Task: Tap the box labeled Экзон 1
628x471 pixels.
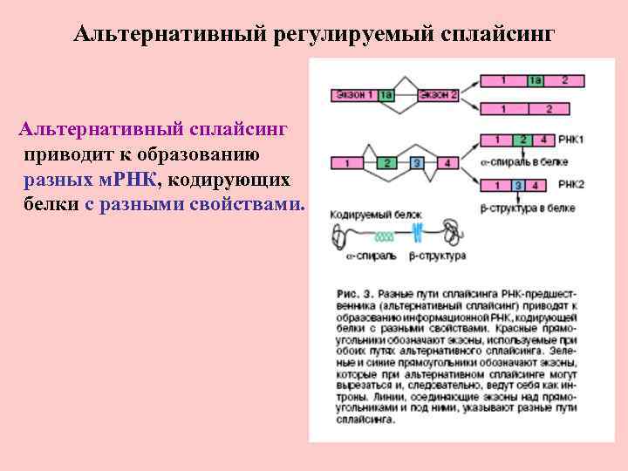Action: [x=354, y=94]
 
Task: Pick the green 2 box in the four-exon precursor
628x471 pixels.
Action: [x=385, y=162]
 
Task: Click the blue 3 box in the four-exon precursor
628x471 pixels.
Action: [x=417, y=162]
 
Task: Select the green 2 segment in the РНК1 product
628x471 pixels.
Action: [x=522, y=140]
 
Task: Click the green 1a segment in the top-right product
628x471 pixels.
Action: [x=536, y=80]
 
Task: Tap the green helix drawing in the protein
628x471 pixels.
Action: [x=384, y=235]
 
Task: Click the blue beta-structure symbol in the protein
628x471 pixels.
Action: [x=417, y=234]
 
